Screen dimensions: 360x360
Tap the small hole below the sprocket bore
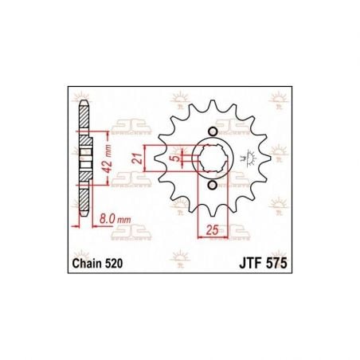coord(210,186)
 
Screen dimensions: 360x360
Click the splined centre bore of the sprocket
coord(210,158)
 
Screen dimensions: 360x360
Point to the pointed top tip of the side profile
coord(82,100)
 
